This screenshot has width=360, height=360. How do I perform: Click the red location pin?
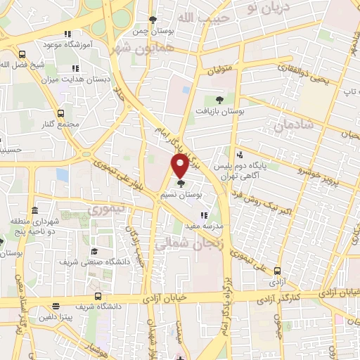pyautogui.click(x=181, y=165)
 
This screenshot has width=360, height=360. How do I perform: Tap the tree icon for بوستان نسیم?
pyautogui.click(x=181, y=183)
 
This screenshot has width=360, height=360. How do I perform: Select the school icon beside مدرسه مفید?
pyautogui.click(x=203, y=216)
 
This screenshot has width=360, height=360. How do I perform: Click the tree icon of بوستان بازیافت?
pyautogui.click(x=219, y=100)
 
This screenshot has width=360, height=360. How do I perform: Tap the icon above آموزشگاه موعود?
pyautogui.click(x=67, y=34)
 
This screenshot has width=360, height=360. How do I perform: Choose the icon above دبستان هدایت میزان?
pyautogui.click(x=75, y=68)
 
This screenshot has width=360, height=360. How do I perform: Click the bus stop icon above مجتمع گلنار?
pyautogui.click(x=60, y=112)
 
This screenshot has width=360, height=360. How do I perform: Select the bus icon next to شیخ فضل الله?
pyautogui.click(x=22, y=54)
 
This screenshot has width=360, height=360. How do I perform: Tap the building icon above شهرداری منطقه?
pyautogui.click(x=34, y=210)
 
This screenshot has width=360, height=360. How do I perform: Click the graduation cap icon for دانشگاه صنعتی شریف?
pyautogui.click(x=94, y=252)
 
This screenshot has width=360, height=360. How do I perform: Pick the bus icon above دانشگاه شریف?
pyautogui.click(x=98, y=296)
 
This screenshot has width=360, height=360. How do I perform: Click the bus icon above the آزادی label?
pyautogui.click(x=278, y=271)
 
